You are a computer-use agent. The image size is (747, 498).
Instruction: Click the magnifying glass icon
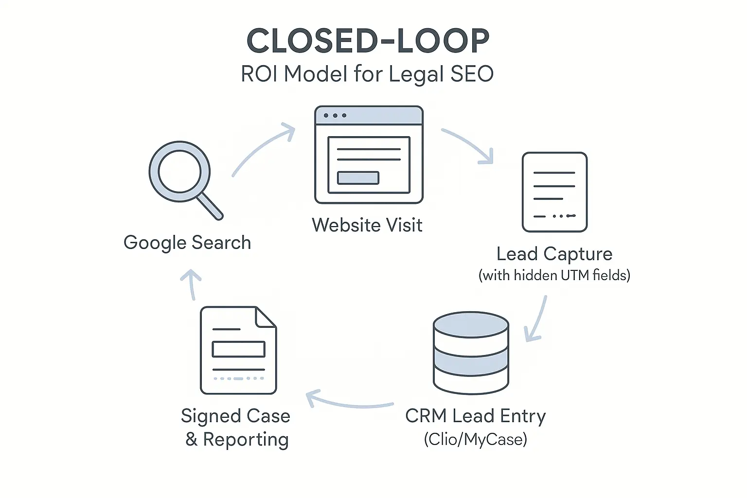[180, 172]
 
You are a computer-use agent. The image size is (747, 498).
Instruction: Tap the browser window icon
[369, 155]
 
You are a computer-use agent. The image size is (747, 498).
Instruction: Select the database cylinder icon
[471, 352]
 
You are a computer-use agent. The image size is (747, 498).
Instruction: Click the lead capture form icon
[554, 192]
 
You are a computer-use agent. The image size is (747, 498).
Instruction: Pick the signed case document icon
[238, 350]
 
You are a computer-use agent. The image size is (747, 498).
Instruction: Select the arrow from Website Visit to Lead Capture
[470, 144]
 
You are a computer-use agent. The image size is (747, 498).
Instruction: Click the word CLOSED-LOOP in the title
[368, 41]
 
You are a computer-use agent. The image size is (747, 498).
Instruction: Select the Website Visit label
[367, 225]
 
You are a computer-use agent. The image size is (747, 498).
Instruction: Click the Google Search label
[187, 243]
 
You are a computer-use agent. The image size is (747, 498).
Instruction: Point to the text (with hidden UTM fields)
[554, 275]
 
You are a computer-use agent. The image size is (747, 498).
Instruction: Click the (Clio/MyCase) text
[475, 439]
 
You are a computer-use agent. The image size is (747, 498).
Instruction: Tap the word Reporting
[246, 439]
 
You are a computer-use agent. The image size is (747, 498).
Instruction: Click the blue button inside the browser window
[358, 178]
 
